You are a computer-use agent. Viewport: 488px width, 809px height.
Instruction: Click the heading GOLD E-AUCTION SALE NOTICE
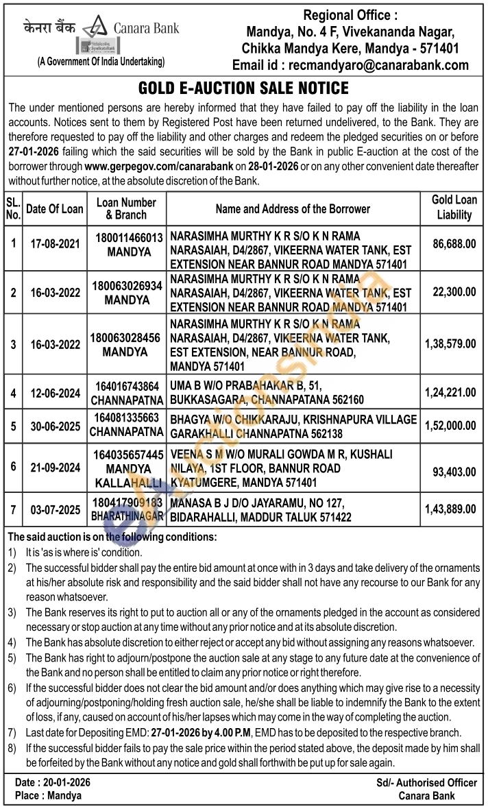click(x=243, y=88)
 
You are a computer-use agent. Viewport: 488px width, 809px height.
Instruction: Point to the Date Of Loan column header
click(x=55, y=209)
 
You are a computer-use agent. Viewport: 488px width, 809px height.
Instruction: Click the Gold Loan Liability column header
click(x=454, y=208)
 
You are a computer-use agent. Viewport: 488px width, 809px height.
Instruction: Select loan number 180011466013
click(x=129, y=239)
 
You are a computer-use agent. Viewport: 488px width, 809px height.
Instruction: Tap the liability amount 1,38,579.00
click(x=450, y=343)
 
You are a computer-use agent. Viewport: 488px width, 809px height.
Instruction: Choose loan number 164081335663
click(x=127, y=418)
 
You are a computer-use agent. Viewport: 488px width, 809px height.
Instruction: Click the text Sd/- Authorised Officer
click(x=426, y=783)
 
